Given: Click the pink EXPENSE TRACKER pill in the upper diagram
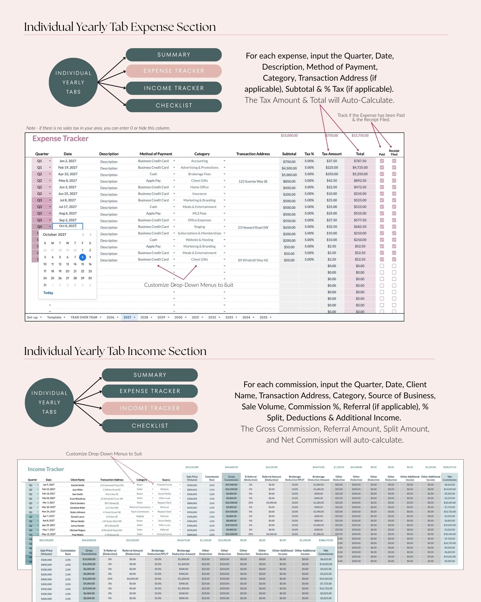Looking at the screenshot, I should [x=173, y=71].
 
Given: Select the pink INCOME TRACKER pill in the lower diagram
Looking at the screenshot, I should [x=150, y=408].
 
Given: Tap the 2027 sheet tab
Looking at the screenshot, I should [x=127, y=317].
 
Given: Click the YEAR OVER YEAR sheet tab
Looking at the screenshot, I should [x=84, y=317].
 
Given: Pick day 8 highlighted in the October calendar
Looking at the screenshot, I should [x=82, y=257].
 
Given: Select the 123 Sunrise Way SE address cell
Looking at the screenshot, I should [x=253, y=181].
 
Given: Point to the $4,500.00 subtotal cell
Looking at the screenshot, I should [x=289, y=168].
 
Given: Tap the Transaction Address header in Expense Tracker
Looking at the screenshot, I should [x=253, y=154].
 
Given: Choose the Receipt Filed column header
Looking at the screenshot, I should [x=394, y=152].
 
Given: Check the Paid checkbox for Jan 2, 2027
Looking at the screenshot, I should [x=382, y=161].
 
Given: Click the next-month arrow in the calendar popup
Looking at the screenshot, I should [x=90, y=235].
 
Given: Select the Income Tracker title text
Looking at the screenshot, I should [x=46, y=469].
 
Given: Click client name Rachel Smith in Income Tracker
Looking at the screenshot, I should [x=77, y=485].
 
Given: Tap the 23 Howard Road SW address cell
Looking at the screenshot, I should [x=253, y=227].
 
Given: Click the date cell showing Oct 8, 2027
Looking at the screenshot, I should [x=68, y=226].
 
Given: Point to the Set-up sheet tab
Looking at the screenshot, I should [x=32, y=317].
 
